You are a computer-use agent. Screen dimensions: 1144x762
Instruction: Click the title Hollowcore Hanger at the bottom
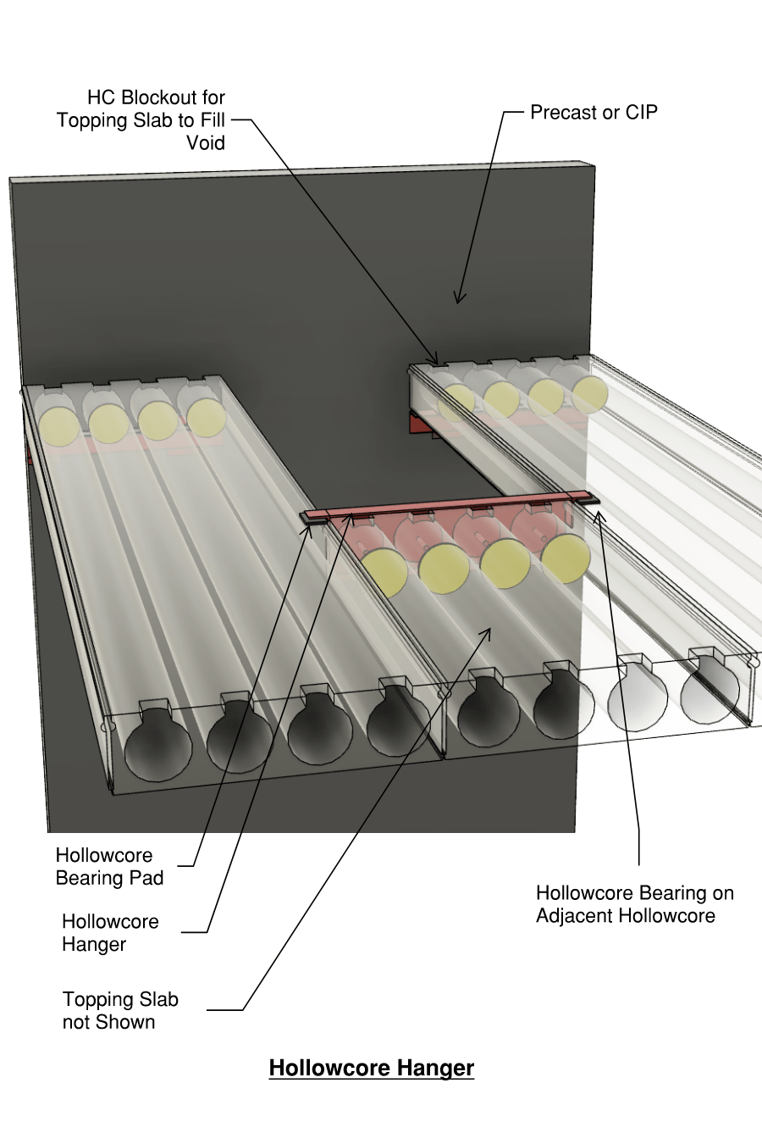point(371,1068)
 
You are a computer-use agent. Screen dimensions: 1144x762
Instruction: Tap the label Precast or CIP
point(594,113)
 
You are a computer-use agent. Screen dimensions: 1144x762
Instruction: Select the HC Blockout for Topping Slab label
point(141,119)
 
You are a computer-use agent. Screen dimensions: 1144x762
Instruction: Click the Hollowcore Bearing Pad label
point(109,866)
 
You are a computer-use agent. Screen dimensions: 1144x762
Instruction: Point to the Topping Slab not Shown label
point(120,1010)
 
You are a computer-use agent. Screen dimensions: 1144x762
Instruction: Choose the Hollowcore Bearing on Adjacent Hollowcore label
point(634,904)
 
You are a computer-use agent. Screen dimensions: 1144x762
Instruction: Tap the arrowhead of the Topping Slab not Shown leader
point(489,630)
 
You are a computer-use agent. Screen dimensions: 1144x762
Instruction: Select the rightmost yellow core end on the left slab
point(207,418)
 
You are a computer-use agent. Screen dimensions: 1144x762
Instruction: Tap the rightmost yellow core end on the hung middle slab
point(566,558)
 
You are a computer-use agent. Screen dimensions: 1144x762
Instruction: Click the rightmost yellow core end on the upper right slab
point(590,394)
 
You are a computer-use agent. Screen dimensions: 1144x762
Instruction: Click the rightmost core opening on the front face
point(710,698)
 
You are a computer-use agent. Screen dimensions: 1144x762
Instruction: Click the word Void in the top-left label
point(206,142)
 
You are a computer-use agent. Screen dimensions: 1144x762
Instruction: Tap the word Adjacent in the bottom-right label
point(576,916)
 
